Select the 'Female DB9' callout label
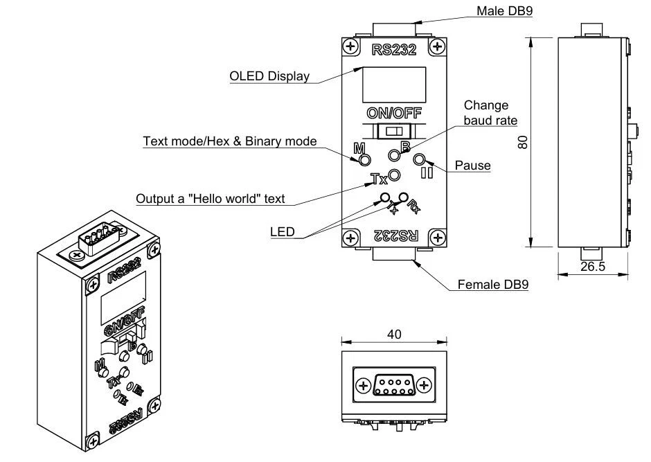[x=493, y=285]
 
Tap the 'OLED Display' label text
[x=269, y=76]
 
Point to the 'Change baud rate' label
[x=490, y=112]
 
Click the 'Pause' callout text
[x=472, y=166]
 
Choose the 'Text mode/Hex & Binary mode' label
[x=230, y=141]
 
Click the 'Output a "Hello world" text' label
[x=211, y=199]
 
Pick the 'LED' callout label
[x=283, y=231]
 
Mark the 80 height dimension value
[x=524, y=142]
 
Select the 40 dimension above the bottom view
[x=394, y=334]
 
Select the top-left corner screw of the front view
[x=351, y=47]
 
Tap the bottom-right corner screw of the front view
[x=436, y=238]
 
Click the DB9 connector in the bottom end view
[x=394, y=384]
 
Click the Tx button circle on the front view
[x=394, y=175]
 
